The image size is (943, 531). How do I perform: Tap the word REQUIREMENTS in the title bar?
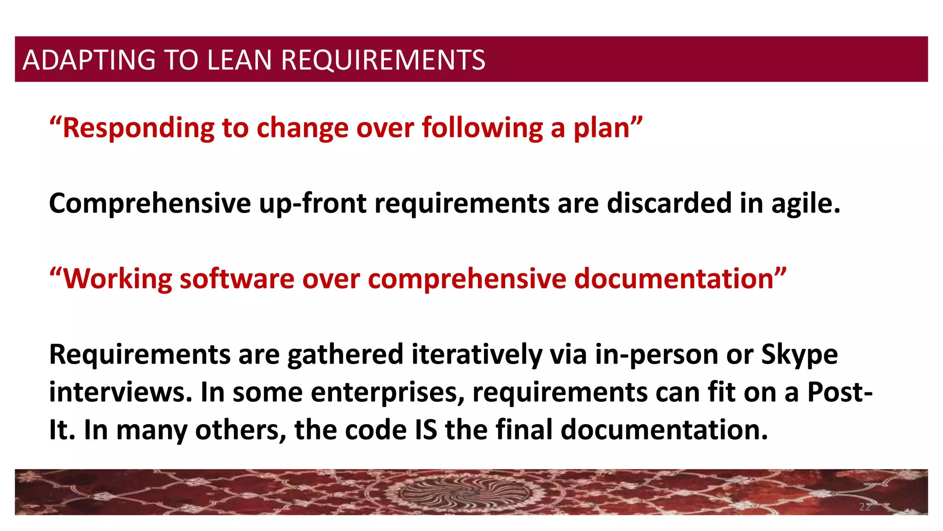[383, 60]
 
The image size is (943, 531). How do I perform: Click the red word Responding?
[138, 128]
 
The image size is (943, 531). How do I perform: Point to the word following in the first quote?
[482, 128]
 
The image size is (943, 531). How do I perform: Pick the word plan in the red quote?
[601, 128]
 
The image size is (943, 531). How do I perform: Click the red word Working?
[117, 279]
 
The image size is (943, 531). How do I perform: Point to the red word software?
[237, 279]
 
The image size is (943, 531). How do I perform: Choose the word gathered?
[345, 354]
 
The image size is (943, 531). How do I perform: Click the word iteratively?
[476, 354]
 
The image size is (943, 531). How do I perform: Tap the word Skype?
[799, 354]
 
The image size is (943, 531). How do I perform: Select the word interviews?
[121, 392]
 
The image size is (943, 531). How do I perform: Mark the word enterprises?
[387, 392]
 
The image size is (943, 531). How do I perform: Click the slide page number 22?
[865, 507]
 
